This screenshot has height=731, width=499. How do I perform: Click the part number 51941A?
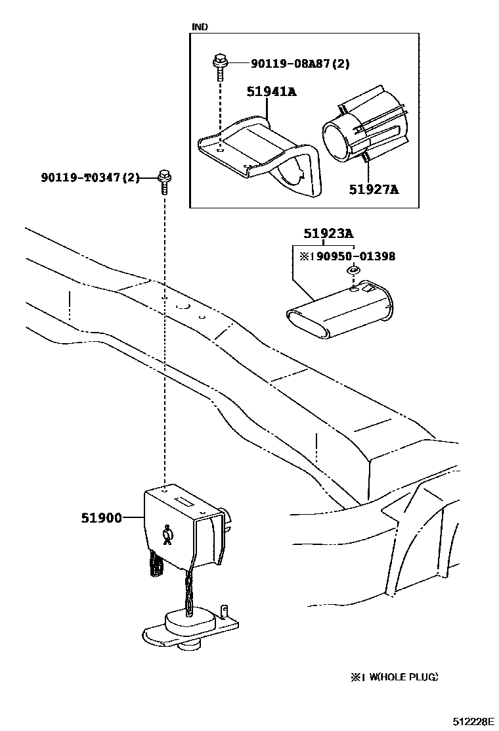(271, 91)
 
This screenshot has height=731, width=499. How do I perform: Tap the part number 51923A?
(328, 233)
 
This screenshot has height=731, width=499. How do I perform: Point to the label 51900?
(102, 518)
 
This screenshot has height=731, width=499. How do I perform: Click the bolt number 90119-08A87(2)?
(299, 64)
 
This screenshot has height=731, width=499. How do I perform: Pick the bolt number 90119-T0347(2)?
(90, 177)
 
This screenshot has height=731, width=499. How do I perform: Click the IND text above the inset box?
(199, 27)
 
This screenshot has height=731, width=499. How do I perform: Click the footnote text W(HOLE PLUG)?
(398, 677)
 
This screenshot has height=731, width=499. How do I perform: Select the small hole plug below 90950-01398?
(353, 271)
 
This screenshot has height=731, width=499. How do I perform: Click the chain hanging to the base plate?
(188, 588)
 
